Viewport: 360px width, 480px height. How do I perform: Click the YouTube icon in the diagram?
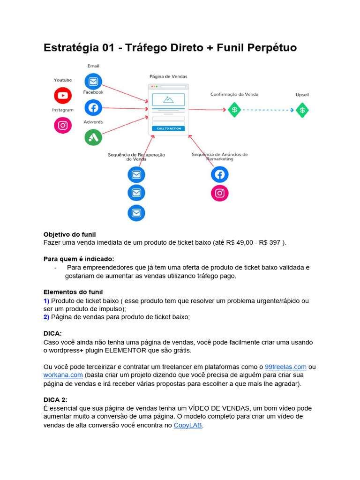point(63,96)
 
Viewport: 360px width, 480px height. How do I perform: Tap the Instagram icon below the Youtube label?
point(63,125)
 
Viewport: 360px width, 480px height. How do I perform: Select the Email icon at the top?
point(93,82)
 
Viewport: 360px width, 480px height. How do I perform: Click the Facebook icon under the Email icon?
point(93,108)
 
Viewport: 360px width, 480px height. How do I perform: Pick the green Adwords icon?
point(93,137)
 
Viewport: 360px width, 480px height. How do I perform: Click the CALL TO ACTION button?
point(168,128)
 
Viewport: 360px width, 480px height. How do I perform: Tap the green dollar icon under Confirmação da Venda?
point(234,110)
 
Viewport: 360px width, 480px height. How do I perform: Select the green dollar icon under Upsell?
point(302,110)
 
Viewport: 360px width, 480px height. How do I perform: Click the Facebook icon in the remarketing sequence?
point(219,174)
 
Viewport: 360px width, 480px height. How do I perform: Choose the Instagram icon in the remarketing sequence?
point(219,193)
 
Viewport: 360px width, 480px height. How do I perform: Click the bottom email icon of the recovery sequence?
point(136,213)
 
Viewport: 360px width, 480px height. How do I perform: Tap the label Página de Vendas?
point(168,76)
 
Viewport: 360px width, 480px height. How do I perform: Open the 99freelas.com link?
point(285,367)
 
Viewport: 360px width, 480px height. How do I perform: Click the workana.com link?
point(63,375)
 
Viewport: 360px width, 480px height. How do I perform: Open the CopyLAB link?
point(187,425)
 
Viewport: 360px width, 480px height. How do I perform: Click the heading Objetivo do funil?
point(69,234)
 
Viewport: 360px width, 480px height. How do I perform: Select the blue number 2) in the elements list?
point(46,317)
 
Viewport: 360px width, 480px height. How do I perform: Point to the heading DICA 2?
point(55,400)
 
